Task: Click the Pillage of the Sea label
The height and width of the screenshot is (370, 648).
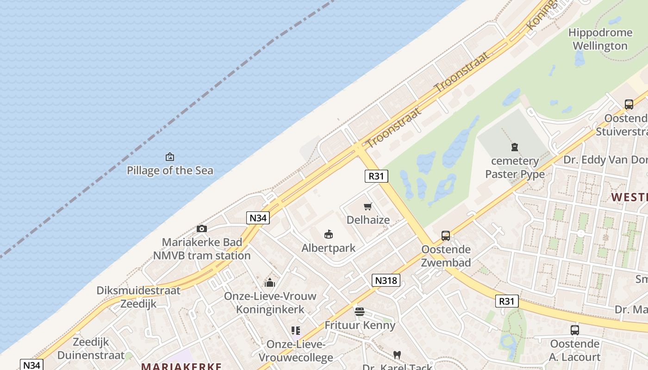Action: pos(170,170)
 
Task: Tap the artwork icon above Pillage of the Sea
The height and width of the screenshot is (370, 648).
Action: pos(170,157)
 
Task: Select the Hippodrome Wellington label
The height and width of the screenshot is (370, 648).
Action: pos(600,39)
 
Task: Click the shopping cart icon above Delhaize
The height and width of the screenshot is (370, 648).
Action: pos(368,206)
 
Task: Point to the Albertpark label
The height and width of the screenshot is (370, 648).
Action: pos(328,248)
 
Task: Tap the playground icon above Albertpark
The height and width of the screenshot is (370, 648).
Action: pos(328,234)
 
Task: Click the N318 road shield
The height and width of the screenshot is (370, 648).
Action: pos(386,280)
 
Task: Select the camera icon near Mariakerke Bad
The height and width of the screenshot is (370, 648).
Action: pos(201,228)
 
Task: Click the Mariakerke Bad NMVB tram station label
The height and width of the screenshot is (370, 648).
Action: pos(202,249)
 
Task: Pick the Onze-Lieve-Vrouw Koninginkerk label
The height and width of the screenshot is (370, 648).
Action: pos(270,302)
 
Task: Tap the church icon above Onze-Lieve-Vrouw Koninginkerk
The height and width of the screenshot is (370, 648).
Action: pos(270,283)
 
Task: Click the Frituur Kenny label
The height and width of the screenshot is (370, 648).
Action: pos(360,325)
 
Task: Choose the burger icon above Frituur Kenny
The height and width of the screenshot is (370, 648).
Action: pos(360,312)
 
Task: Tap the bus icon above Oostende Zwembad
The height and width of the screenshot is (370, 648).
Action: pos(446,236)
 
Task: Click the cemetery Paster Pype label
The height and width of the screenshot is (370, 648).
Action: pos(515,167)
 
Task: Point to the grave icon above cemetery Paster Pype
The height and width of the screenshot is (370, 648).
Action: pos(514,147)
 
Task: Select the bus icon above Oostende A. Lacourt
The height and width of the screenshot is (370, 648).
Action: pos(574,330)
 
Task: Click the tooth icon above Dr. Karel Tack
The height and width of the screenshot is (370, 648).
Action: pos(397,355)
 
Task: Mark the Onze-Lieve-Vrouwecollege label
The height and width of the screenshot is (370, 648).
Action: pos(295,351)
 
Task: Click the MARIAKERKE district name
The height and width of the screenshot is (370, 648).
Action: pos(181,366)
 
